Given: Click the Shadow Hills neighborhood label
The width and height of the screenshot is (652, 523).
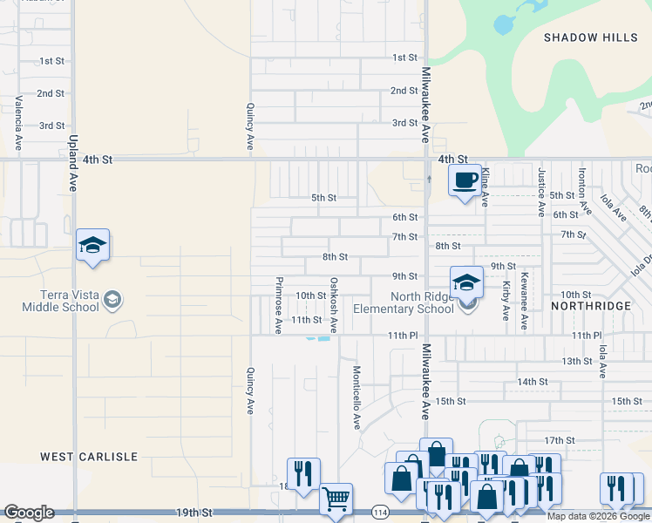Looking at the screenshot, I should (x=583, y=37).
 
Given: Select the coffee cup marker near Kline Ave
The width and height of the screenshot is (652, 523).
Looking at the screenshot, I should (x=465, y=181).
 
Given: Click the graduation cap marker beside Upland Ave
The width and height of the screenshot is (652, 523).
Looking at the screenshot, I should (x=92, y=247).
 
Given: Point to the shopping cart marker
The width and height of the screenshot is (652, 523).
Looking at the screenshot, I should (x=336, y=499).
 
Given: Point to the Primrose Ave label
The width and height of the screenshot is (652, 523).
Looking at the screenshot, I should (x=279, y=306).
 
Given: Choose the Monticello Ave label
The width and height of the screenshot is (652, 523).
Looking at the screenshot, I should (x=357, y=397).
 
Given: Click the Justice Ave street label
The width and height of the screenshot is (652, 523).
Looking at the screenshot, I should (x=541, y=192).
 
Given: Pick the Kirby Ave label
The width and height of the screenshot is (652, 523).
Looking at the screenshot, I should (x=506, y=302).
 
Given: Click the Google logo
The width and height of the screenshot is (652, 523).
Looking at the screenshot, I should (x=28, y=513).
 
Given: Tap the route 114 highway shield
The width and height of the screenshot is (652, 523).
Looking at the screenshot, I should (x=379, y=512).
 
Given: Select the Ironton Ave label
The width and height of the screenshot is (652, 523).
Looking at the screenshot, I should (x=581, y=193).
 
